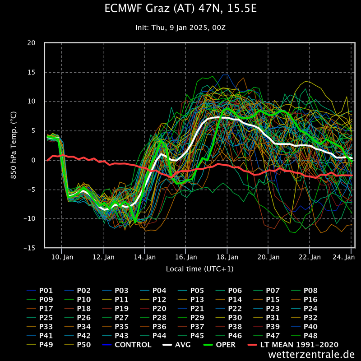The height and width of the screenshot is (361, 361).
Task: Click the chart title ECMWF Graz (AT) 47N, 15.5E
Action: [180, 9]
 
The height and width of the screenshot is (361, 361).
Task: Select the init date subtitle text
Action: [180, 27]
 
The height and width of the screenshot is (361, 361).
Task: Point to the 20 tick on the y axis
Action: [31, 43]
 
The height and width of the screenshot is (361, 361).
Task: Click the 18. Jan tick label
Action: [227, 257]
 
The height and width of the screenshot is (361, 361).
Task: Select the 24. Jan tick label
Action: [343, 257]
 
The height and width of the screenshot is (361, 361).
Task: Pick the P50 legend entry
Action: [84, 345]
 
